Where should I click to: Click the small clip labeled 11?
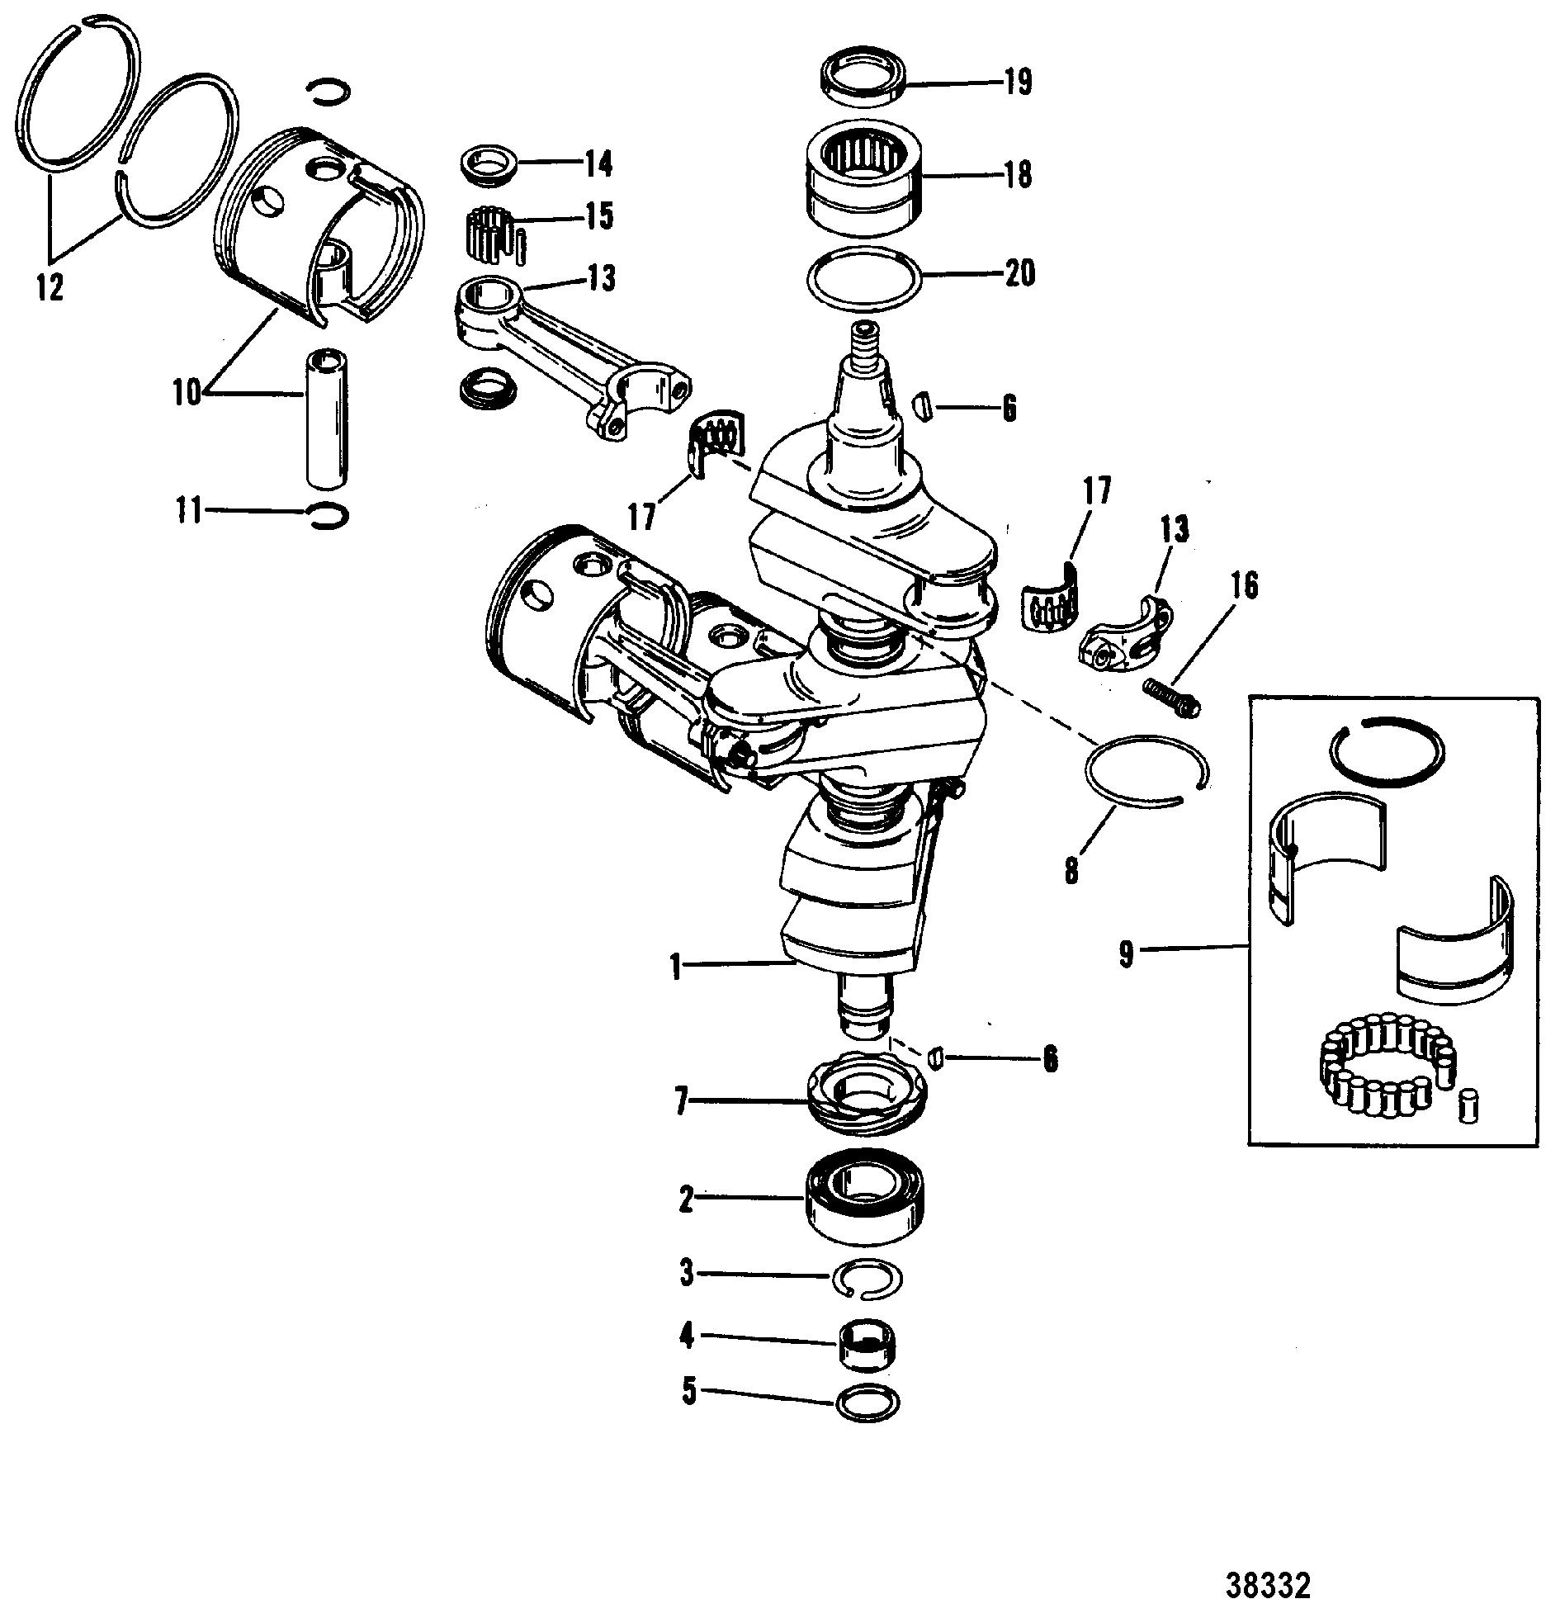pos(327,514)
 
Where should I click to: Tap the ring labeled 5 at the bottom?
pos(867,1401)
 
